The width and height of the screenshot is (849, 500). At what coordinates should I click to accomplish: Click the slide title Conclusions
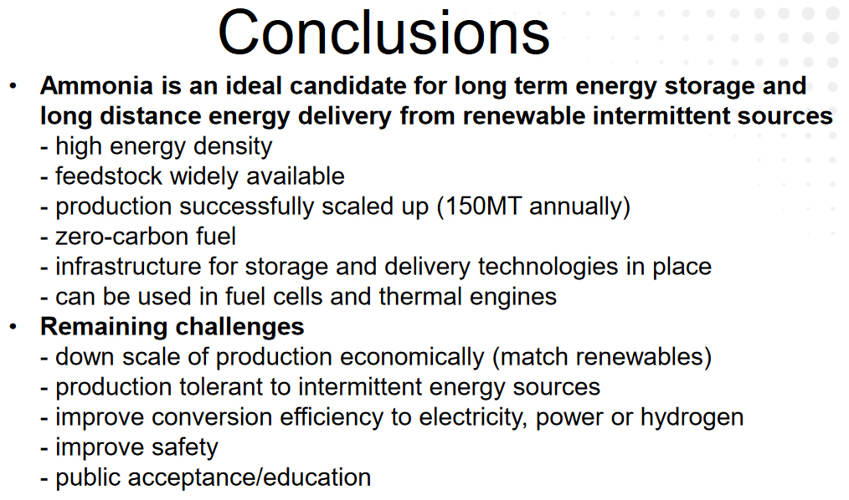click(383, 33)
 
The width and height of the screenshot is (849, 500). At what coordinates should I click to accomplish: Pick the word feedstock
click(109, 176)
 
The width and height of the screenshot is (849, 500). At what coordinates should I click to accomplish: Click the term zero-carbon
click(119, 237)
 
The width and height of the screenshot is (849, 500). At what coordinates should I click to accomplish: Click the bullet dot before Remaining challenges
click(13, 326)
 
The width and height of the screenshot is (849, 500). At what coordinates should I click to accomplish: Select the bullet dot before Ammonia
click(13, 85)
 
